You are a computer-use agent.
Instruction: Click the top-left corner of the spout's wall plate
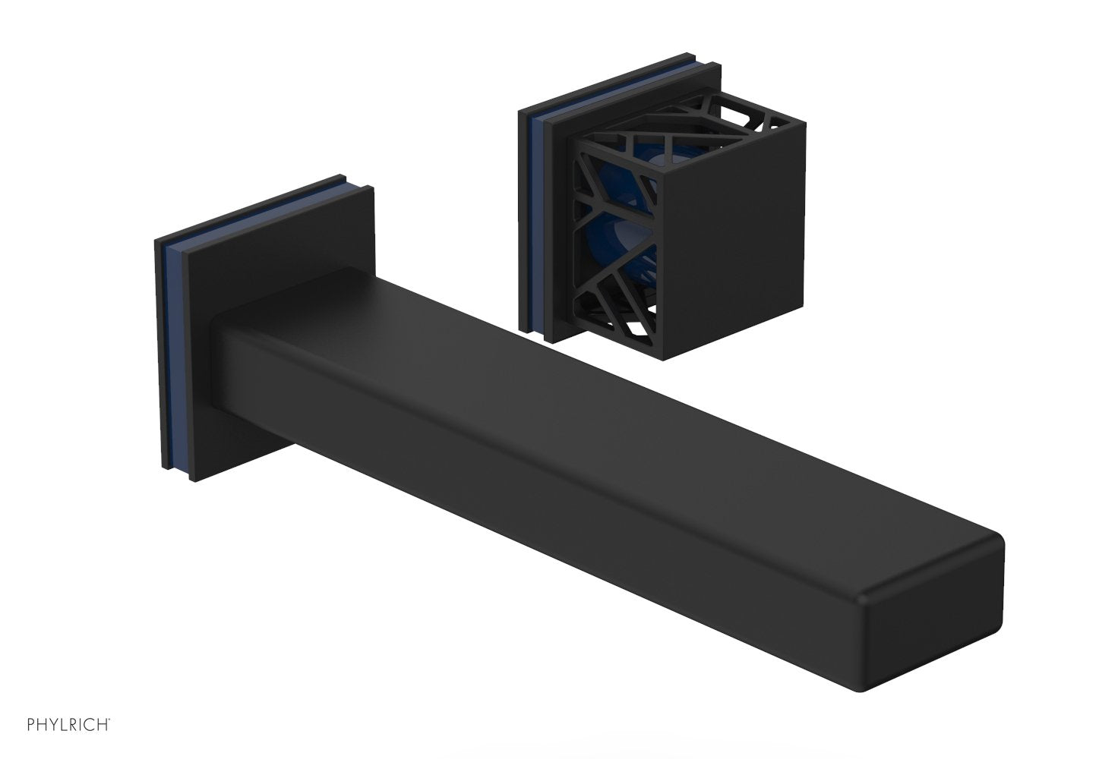156,241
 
